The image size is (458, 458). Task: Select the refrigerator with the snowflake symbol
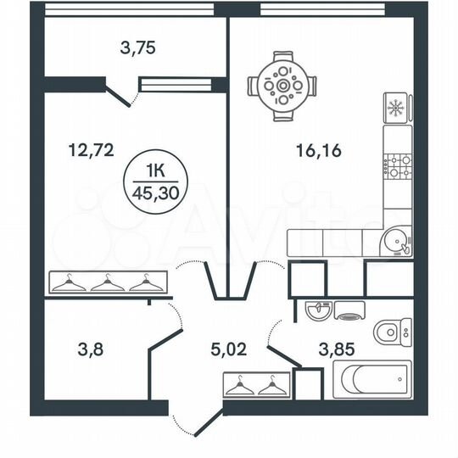[x=396, y=108]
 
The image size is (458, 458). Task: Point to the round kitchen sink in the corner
[x=395, y=242]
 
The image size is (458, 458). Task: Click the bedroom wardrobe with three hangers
[x=104, y=282]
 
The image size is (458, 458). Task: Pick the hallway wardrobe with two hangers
[x=257, y=386]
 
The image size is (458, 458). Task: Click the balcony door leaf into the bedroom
[x=119, y=94]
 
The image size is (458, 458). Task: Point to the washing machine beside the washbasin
[x=349, y=310]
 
